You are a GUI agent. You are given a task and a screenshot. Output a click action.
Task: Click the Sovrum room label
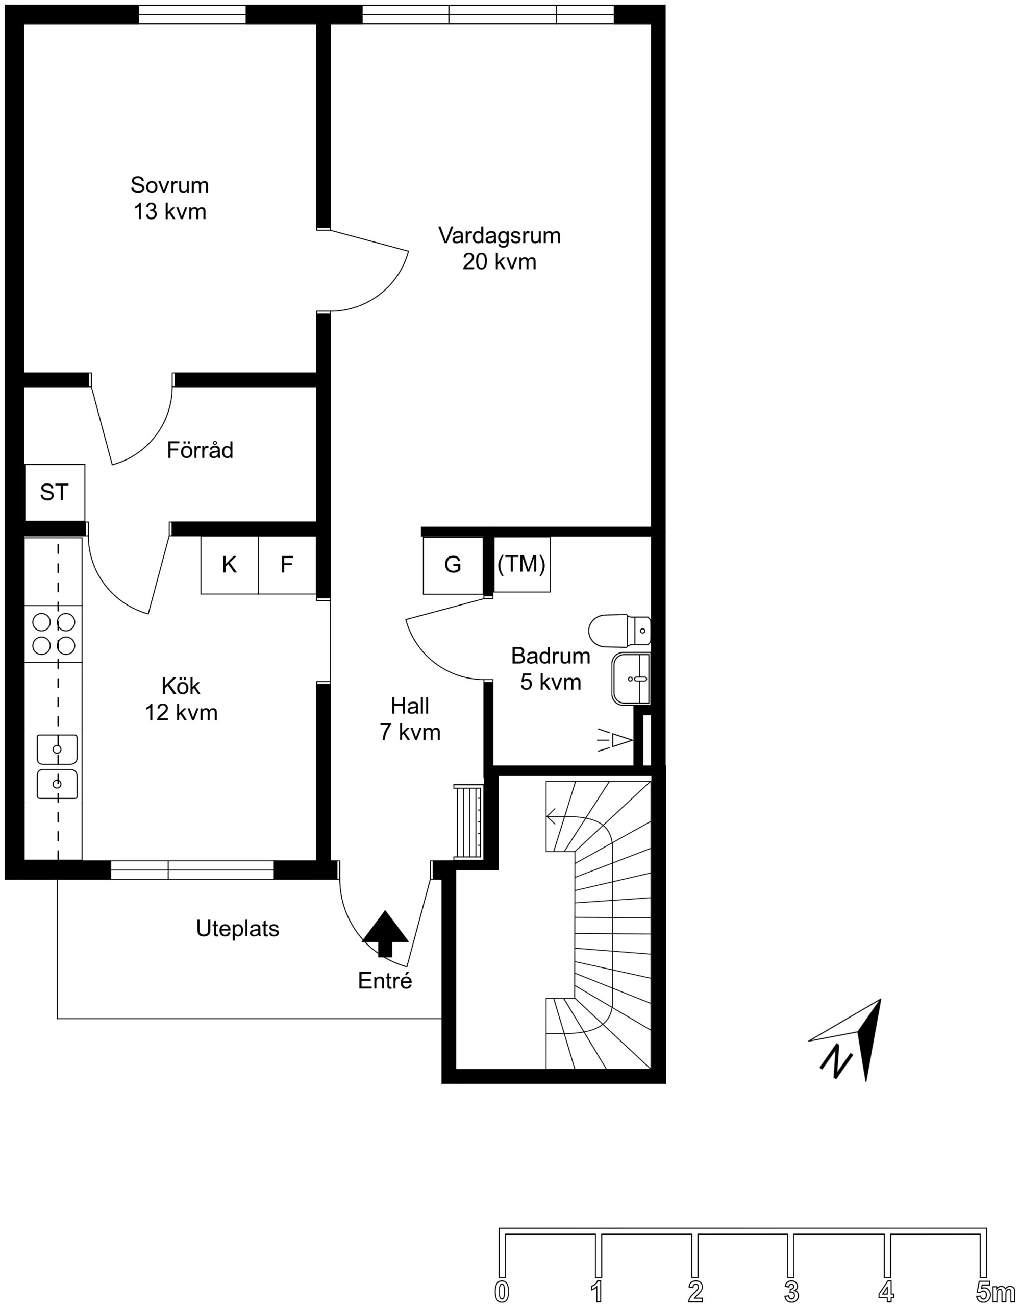coord(170,198)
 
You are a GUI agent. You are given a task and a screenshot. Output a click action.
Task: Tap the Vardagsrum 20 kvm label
coord(500,248)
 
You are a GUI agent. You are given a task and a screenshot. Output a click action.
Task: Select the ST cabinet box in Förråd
coord(55,493)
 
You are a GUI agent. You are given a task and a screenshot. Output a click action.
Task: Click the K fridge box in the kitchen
coord(230,565)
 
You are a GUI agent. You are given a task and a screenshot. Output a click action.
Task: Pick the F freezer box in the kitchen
coord(287,565)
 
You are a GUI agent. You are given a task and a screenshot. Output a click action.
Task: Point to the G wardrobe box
coord(453,566)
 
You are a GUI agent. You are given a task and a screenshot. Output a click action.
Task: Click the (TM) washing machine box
coord(521,564)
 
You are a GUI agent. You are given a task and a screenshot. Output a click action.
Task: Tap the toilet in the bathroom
coord(619,630)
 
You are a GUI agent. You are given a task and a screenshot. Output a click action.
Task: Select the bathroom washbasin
coord(631,678)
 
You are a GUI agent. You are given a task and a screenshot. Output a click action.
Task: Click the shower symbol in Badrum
coord(615,740)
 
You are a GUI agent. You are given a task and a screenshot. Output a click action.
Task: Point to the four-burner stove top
coord(53,634)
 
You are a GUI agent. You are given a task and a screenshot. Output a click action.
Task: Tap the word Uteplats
coord(237,929)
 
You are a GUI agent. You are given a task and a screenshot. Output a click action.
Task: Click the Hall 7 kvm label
coord(410,719)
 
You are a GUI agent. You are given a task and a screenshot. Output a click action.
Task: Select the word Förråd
coord(200,450)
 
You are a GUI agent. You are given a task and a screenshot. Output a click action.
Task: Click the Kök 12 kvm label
coord(181,699)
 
